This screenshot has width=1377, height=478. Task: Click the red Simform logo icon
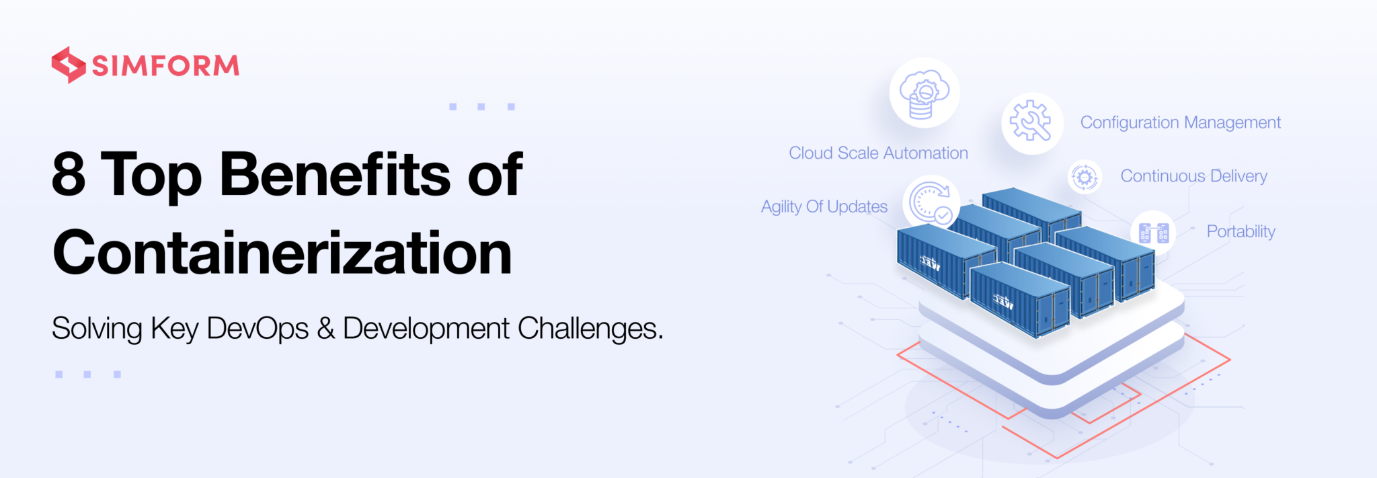coord(68,65)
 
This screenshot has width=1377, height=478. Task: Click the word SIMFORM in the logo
coord(165,66)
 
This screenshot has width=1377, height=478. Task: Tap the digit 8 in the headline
coord(69,174)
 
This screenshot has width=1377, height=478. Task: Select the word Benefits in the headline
coord(335,174)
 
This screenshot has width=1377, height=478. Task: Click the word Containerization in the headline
coord(282,253)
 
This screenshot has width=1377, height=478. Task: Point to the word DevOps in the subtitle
coord(257,329)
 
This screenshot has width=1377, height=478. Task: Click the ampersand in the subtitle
coord(326,329)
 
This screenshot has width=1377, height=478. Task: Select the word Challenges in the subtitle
coord(590,329)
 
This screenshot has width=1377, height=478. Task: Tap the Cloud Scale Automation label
coord(878,153)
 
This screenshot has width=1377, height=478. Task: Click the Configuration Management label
coord(1180,122)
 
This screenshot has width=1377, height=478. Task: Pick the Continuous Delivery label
coord(1193,176)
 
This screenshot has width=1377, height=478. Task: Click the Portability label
coord(1241,231)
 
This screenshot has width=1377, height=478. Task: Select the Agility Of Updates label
coord(824,206)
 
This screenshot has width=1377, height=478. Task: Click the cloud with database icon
coord(924,93)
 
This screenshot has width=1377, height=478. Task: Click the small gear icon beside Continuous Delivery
coord(1084,177)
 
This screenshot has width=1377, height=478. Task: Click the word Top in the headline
coord(151,174)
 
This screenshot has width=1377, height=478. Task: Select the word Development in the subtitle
coord(426,329)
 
